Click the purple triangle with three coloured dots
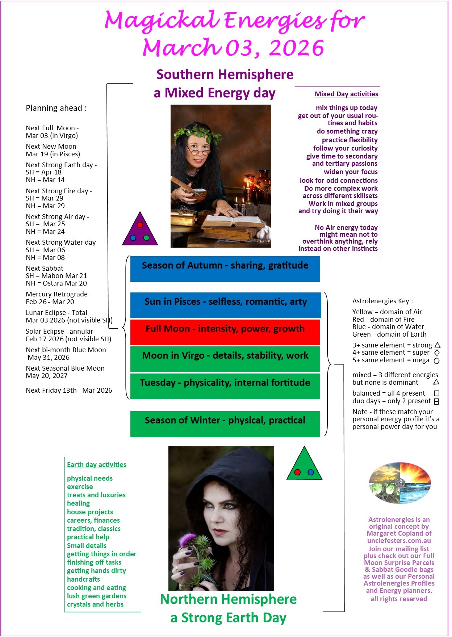pyautogui.click(x=140, y=231)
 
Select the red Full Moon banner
pyautogui.click(x=225, y=332)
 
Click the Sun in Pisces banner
pyautogui.click(x=225, y=305)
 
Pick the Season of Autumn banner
pyautogui.click(x=225, y=269)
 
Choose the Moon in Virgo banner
pyautogui.click(x=225, y=359)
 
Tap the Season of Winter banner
pyautogui.click(x=225, y=424)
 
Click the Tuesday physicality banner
pyautogui.click(x=225, y=386)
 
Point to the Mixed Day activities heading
pyautogui.click(x=346, y=94)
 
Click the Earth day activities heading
pyautogui.click(x=97, y=465)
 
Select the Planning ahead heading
pyautogui.click(x=56, y=108)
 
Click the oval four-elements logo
pyautogui.click(x=400, y=483)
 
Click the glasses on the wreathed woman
pyautogui.click(x=197, y=149)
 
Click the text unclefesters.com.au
pyautogui.click(x=399, y=541)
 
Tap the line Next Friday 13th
pyautogui.click(x=69, y=391)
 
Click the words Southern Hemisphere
pyautogui.click(x=225, y=75)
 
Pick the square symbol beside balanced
pyautogui.click(x=437, y=393)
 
